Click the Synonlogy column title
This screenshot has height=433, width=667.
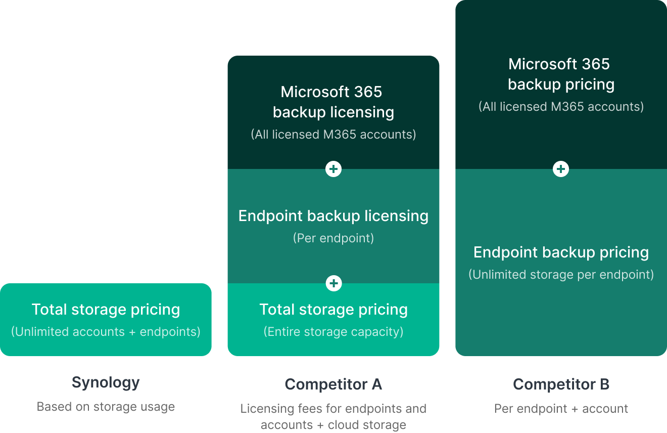106,382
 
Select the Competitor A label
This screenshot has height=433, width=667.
333,384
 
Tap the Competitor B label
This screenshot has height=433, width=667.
561,384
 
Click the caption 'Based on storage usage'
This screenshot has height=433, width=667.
106,407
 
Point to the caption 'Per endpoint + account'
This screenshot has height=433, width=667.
561,409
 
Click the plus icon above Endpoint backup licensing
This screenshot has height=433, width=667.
333,169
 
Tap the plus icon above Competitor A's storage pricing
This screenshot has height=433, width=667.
333,283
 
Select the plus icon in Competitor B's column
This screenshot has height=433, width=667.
561,169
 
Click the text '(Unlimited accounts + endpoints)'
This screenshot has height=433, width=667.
106,332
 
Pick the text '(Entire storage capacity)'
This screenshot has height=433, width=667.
333,332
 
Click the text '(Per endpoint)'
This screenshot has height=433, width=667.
333,238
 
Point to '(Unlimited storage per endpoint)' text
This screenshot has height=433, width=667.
561,275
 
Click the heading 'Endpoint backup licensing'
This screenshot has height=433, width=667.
333,216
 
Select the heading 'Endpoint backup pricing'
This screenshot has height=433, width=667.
561,252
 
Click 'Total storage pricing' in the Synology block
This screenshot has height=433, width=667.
106,310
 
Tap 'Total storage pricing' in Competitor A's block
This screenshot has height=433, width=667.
333,310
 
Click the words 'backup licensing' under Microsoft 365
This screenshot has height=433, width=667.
333,112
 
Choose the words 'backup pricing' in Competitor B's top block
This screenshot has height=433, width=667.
561,84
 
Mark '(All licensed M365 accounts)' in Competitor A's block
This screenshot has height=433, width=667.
333,135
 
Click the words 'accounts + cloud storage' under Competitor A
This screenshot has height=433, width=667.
333,425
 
